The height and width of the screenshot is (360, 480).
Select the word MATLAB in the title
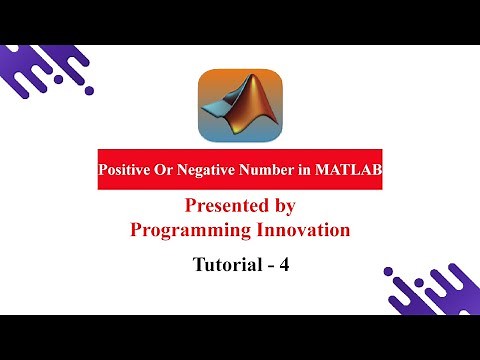[346, 171]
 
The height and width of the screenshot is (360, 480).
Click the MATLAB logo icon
[240, 107]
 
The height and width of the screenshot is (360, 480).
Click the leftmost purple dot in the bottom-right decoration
[389, 270]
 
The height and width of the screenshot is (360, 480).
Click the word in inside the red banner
[304, 171]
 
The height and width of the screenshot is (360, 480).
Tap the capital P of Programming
[137, 230]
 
